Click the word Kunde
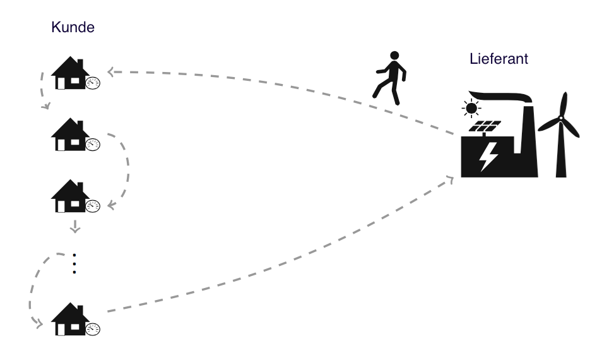(73, 27)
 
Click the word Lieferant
(499, 59)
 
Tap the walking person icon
(390, 78)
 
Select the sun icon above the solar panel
(471, 109)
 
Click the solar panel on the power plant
(485, 126)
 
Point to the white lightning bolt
(488, 157)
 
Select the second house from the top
(71, 135)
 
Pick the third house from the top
(71, 196)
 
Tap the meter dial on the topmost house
(93, 83)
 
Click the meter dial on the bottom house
(93, 329)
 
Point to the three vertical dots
(74, 263)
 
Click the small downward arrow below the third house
(75, 226)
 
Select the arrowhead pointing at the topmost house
(111, 71)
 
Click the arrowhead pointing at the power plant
(450, 180)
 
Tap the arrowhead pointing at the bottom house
(38, 324)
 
